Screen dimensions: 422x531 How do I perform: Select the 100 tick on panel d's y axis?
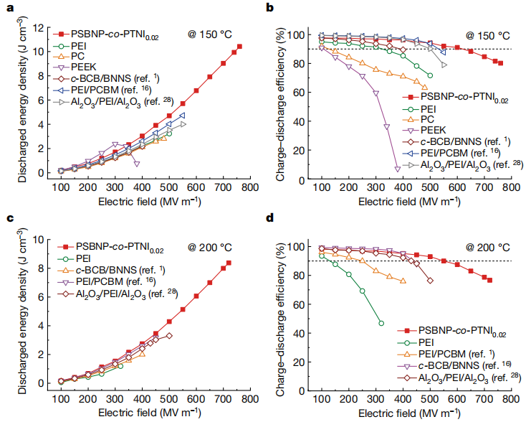pos(302,248)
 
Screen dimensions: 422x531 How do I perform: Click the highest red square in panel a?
pos(239,47)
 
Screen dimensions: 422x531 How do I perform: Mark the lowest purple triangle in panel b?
pos(398,169)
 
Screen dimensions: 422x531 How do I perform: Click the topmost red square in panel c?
pos(229,263)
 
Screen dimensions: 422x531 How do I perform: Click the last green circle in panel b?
pos(430,75)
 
